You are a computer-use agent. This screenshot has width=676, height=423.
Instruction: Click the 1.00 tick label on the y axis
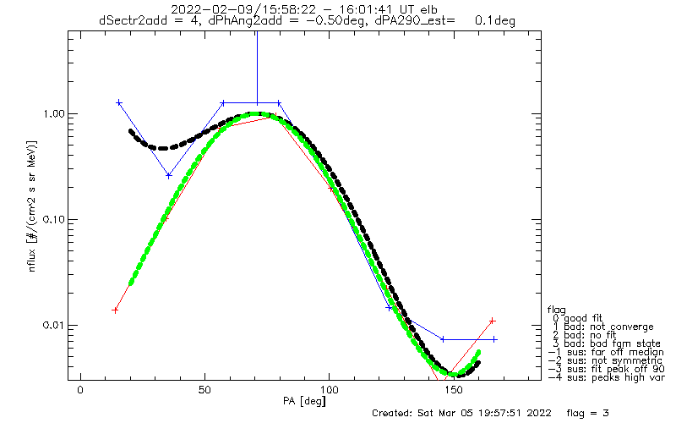[x=52, y=114]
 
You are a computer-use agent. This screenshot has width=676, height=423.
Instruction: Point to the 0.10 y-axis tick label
[x=52, y=220]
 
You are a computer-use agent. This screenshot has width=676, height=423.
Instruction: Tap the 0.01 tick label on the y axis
[x=52, y=325]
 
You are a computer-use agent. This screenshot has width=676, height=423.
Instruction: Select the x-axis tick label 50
[x=204, y=390]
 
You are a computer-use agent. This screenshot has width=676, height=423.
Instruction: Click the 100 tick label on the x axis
[x=330, y=390]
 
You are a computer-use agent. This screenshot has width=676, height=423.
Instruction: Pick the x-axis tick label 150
[x=454, y=390]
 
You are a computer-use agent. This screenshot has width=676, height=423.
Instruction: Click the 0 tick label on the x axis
[x=80, y=390]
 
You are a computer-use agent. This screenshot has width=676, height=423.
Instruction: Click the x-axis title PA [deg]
[x=304, y=401]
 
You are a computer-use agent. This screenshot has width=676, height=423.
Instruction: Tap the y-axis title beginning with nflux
[x=33, y=206]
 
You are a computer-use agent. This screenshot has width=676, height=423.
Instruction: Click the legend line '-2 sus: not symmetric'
[x=605, y=360]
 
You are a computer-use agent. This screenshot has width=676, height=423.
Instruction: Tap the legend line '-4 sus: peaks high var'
[x=607, y=377]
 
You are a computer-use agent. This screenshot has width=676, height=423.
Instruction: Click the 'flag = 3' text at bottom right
[x=587, y=413]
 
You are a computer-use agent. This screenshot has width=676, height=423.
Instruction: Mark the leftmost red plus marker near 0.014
[x=115, y=310]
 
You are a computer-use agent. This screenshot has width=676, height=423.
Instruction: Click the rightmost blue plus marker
[x=494, y=339]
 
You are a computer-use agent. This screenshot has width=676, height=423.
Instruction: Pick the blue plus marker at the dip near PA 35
[x=169, y=176]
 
